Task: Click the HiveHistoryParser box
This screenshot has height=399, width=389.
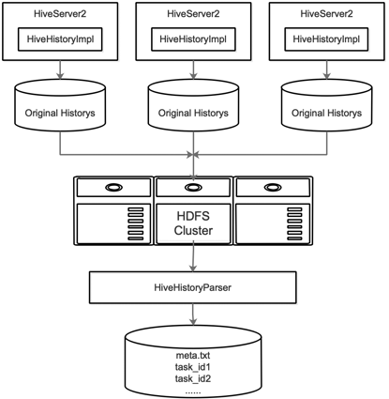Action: [193, 287]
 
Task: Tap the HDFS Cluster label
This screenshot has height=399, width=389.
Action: [193, 223]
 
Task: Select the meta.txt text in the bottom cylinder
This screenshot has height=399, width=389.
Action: [193, 356]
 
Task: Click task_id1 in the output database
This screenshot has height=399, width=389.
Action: [193, 367]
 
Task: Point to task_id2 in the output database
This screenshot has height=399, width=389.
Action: [193, 379]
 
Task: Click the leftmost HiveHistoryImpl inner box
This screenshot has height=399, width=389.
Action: [60, 39]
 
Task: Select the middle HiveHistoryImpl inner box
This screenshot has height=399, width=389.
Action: [193, 39]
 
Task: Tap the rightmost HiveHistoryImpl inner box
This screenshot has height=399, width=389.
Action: [326, 39]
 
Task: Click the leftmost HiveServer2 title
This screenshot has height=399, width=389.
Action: [60, 14]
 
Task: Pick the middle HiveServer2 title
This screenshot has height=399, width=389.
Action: [193, 14]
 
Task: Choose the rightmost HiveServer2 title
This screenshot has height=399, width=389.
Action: [326, 14]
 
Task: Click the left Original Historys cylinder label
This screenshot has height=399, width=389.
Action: [60, 113]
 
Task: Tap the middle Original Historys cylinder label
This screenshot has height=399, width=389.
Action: [193, 113]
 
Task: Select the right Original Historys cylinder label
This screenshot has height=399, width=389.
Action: [326, 113]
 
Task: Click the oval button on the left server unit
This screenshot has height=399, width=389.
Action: [113, 188]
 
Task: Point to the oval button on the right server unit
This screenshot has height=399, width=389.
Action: [273, 188]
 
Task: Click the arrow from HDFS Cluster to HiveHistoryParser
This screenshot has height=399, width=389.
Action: [193, 256]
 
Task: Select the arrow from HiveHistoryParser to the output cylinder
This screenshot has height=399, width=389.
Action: [193, 315]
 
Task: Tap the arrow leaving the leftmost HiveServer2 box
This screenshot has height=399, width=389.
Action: [60, 69]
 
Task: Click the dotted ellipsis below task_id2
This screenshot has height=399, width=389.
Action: [193, 392]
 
